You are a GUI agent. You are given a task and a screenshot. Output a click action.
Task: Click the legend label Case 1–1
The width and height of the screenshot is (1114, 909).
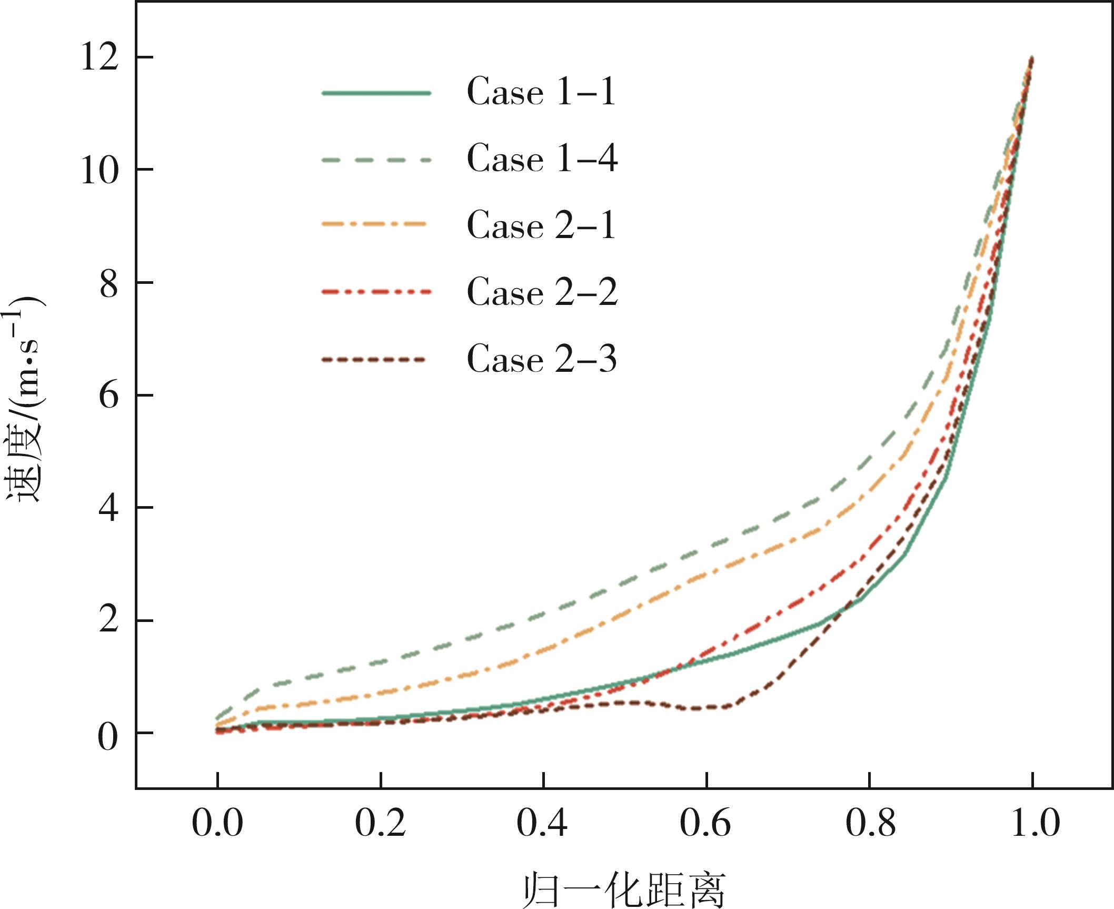click(x=541, y=92)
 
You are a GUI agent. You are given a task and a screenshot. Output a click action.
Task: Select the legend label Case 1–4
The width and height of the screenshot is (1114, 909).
click(x=542, y=159)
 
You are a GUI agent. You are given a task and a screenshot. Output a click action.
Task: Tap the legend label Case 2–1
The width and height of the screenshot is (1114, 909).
click(x=541, y=225)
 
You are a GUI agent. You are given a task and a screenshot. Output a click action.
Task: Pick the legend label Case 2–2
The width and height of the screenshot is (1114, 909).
click(x=542, y=292)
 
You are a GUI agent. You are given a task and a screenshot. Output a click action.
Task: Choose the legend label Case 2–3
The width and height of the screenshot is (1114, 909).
click(x=542, y=359)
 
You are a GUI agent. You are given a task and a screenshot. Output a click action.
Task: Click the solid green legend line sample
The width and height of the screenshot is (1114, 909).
click(x=376, y=93)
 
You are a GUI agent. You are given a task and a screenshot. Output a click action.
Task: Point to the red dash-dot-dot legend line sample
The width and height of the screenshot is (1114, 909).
click(x=376, y=291)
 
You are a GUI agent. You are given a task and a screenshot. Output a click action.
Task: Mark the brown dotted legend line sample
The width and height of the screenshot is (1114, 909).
click(x=373, y=360)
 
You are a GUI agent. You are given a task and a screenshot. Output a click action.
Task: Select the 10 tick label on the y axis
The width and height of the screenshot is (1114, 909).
click(x=99, y=170)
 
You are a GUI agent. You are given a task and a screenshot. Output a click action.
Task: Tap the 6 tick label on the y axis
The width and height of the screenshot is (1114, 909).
click(x=108, y=396)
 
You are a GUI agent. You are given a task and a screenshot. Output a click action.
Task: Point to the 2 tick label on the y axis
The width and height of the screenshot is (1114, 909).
click(x=108, y=620)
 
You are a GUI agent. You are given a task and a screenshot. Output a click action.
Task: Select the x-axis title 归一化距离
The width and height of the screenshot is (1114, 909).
click(x=624, y=890)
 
